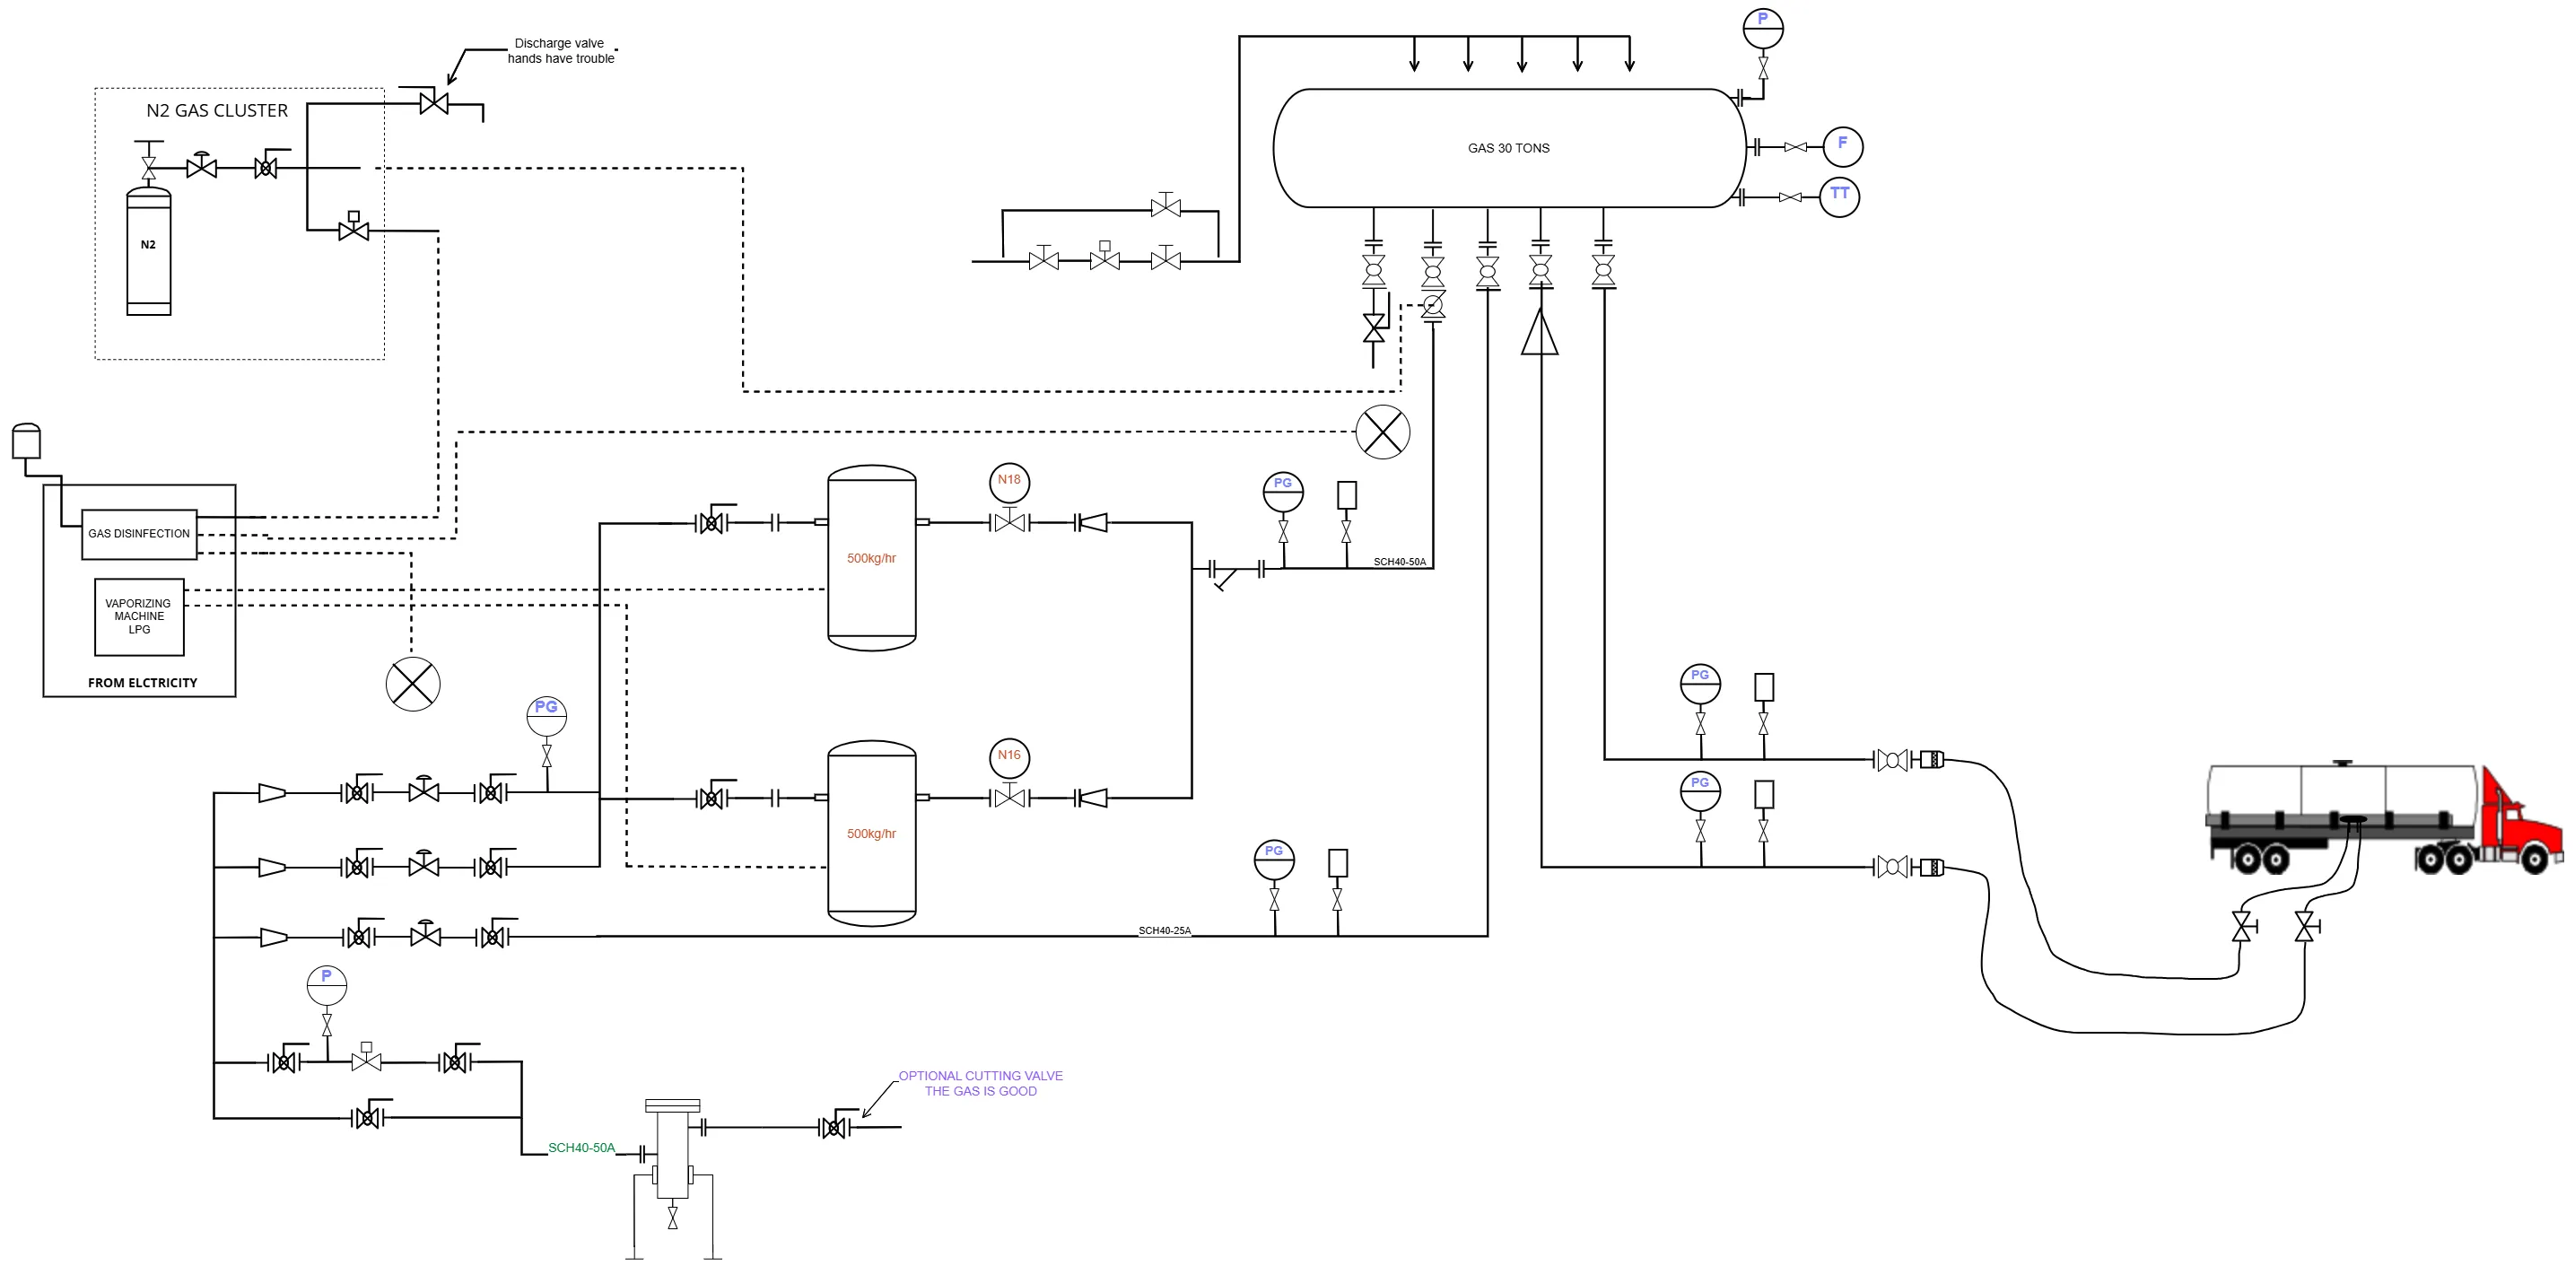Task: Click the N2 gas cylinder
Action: pos(148,252)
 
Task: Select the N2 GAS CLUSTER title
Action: pos(217,111)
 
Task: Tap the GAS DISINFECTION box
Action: pos(139,534)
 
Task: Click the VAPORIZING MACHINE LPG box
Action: pos(139,617)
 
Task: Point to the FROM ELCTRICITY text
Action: pos(143,683)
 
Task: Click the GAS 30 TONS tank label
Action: pos(1508,148)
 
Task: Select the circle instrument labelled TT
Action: pos(1839,196)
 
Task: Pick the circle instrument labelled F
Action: pos(1842,146)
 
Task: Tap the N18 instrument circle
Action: pos(1009,481)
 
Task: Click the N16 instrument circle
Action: pos(1009,757)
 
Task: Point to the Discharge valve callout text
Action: pos(561,51)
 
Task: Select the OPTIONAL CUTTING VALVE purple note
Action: pos(981,1083)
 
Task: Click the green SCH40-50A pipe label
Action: pos(581,1148)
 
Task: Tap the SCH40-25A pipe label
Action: pos(1165,931)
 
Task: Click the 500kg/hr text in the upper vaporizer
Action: pos(872,559)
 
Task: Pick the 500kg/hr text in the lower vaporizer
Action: pos(872,834)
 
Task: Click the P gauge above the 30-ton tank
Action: pos(1762,28)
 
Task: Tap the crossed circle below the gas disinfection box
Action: pos(413,684)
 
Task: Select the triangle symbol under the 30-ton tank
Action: pos(1541,332)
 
